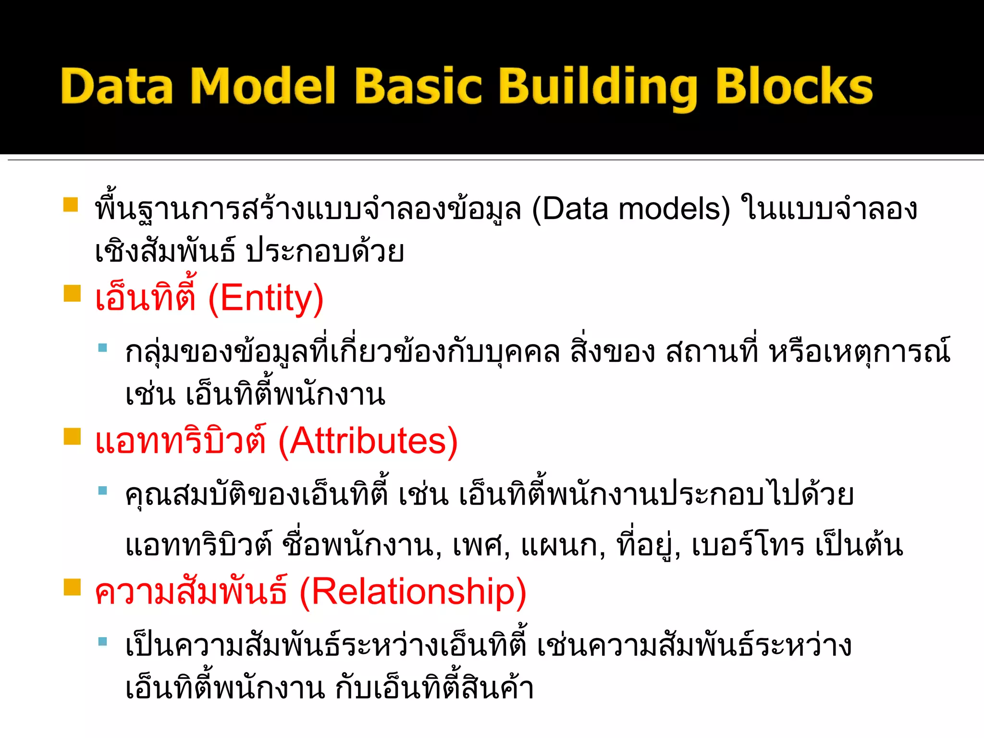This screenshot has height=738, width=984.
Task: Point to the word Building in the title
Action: coord(598,87)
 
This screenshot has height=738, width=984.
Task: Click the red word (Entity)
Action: coord(266,299)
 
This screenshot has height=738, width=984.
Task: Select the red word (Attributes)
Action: coord(368,441)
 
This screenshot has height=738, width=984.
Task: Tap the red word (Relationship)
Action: coord(413,592)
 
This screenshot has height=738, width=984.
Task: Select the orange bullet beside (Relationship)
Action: coord(72,587)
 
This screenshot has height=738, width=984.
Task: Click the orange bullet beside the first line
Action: coord(71,205)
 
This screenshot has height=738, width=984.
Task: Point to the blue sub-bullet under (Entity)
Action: coord(102,347)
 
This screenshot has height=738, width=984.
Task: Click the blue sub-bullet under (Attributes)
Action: coord(102,491)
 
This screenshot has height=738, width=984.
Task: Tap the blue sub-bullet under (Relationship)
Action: coord(102,641)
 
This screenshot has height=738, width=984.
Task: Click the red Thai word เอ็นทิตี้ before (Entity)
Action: coord(146,298)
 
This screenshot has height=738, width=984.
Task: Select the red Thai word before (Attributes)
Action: coord(181,441)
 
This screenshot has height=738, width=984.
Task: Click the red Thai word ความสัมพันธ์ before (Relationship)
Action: coord(191,592)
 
